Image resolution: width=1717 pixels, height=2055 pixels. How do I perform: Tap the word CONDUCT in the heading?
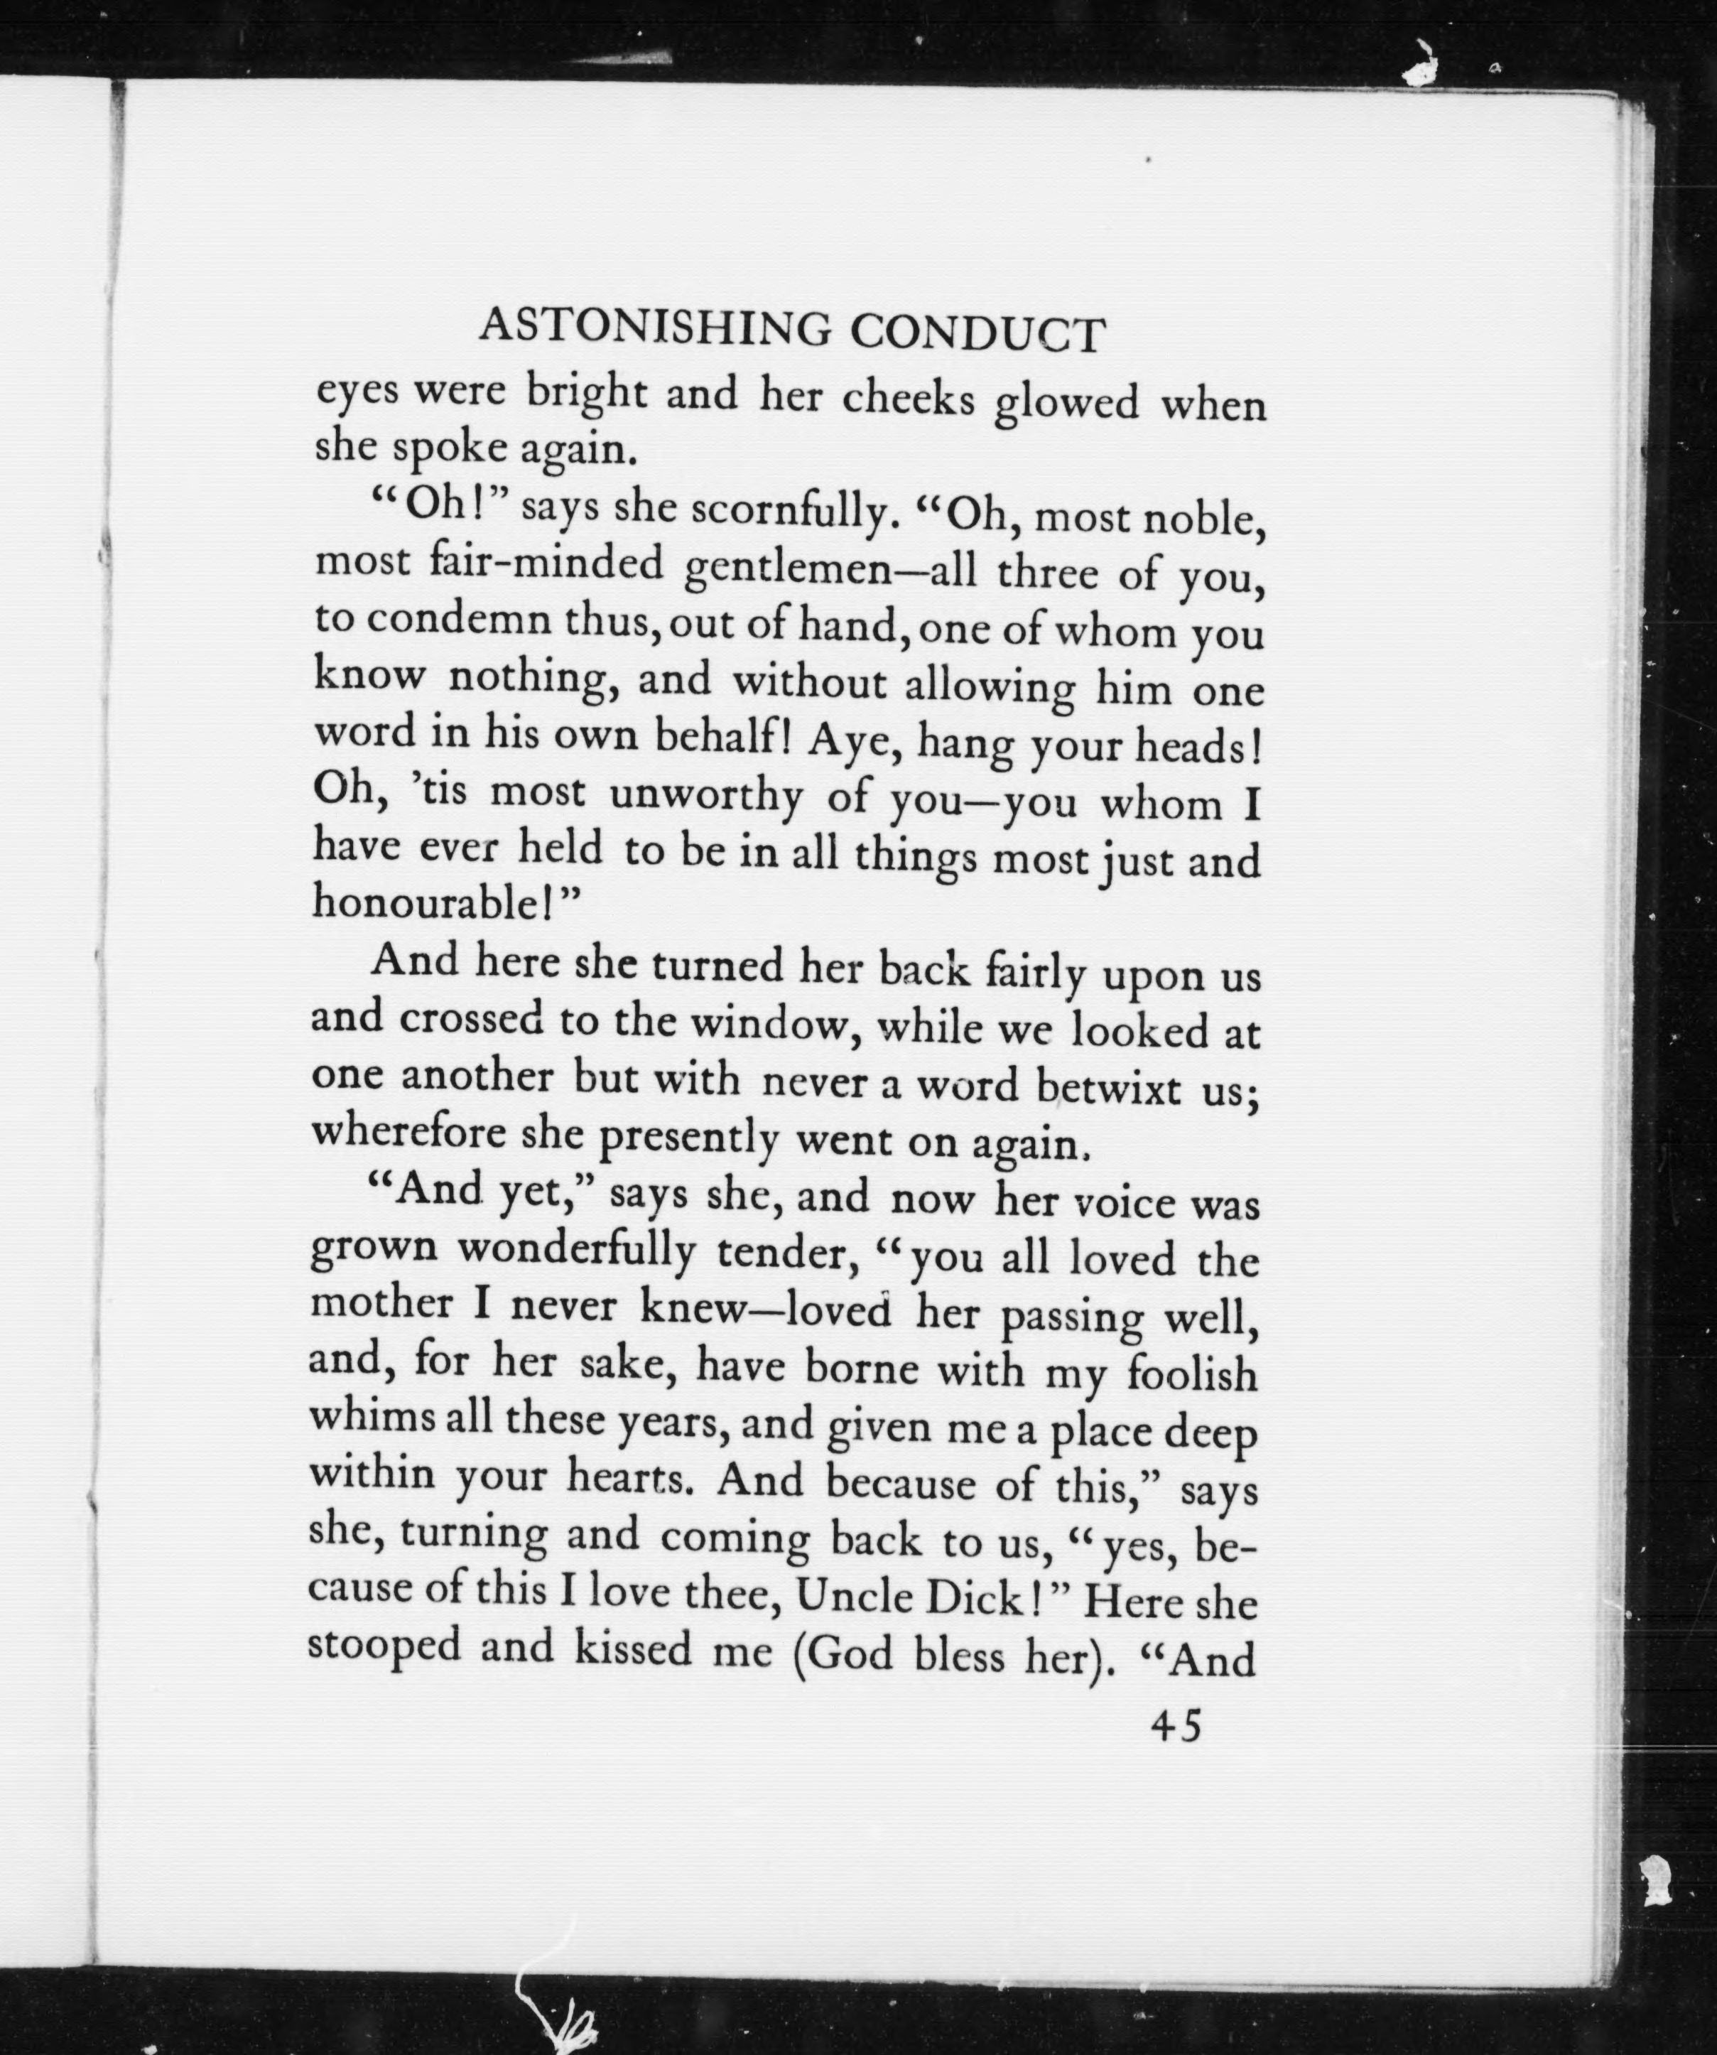[x=975, y=335]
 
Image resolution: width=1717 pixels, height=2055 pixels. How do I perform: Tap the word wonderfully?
[x=576, y=1251]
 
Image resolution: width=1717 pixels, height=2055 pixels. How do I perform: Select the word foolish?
[x=1191, y=1374]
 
